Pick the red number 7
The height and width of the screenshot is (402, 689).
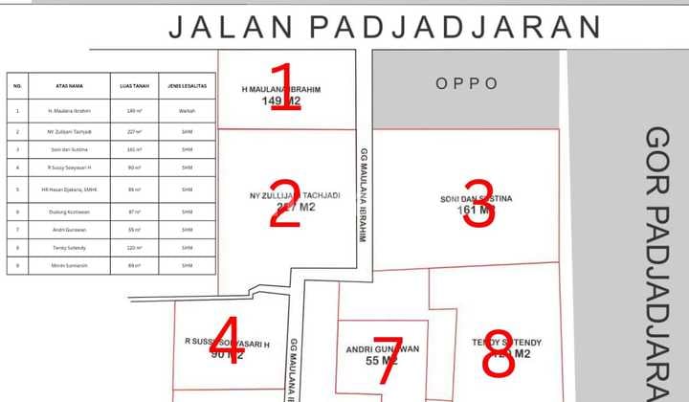coord(389,359)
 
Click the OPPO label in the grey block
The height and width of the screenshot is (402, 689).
coord(467,83)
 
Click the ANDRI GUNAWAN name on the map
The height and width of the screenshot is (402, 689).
coord(382,348)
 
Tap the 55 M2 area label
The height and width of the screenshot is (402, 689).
coord(382,361)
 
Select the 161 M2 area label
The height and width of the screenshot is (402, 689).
coord(475,210)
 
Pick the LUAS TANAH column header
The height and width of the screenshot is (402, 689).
coord(133,86)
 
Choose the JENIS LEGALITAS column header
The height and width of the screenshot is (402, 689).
coord(188,86)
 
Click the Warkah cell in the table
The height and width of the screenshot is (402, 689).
coord(188,111)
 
